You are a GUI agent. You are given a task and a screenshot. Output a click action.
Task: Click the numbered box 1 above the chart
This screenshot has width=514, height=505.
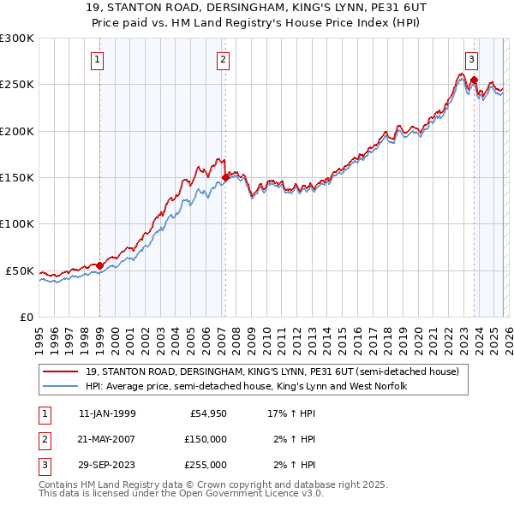[x=98, y=60]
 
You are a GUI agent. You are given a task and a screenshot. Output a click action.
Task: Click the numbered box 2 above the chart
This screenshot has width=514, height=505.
[x=223, y=60]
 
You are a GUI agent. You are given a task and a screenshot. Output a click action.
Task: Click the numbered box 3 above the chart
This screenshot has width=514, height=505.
[x=471, y=60]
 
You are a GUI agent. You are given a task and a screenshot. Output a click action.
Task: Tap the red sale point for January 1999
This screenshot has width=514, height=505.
[x=99, y=265]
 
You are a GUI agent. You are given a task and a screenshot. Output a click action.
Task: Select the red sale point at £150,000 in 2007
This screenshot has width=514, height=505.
[x=225, y=177]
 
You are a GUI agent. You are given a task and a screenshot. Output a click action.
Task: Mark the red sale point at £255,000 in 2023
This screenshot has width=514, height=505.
[x=474, y=80]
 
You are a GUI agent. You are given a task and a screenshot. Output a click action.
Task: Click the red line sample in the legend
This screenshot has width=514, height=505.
[x=61, y=371]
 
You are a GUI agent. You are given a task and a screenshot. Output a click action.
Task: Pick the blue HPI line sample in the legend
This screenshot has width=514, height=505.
[x=61, y=386]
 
